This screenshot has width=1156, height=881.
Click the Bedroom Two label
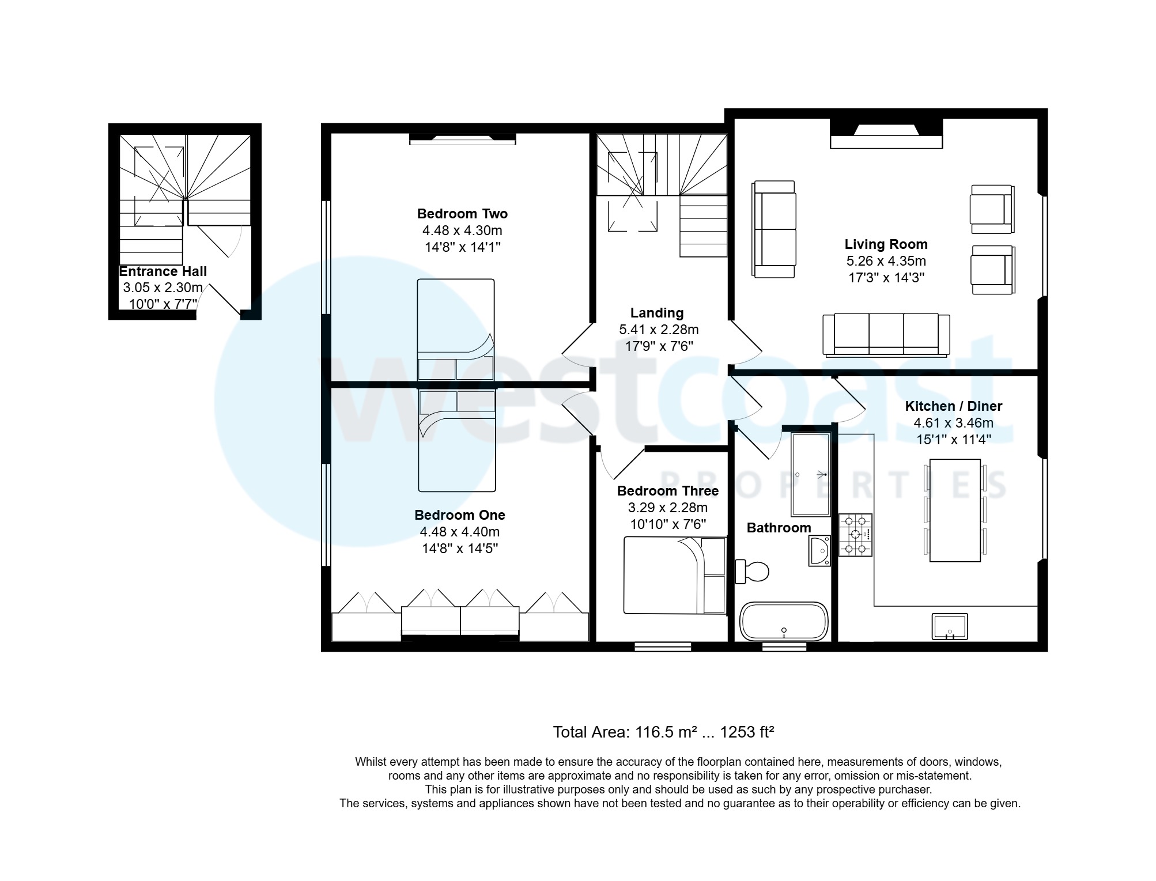coord(462,214)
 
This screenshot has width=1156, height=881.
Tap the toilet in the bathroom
coord(754,572)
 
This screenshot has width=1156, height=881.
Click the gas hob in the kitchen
coord(855,535)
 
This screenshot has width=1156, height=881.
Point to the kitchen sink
coord(950,626)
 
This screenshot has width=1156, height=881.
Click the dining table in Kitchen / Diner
coord(955,510)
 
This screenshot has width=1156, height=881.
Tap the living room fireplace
coord(886,134)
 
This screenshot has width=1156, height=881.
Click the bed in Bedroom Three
coord(674,575)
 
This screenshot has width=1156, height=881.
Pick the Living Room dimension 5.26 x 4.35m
coord(886,261)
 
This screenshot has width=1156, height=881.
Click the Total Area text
coord(663,732)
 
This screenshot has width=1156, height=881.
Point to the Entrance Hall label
coord(163,271)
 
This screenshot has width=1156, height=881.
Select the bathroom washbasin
coord(819,551)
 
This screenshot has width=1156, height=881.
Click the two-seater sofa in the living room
coord(775,229)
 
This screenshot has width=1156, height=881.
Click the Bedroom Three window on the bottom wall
coord(663,647)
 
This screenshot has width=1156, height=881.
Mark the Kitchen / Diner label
coord(954,406)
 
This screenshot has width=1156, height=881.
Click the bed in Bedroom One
coord(457,441)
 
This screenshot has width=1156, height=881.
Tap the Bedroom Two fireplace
coord(462,138)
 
